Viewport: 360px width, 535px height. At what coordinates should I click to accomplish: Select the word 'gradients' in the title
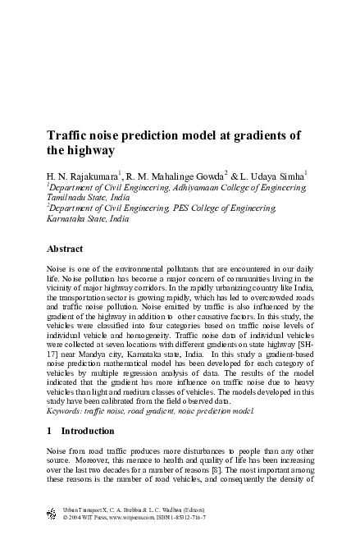point(267,136)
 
